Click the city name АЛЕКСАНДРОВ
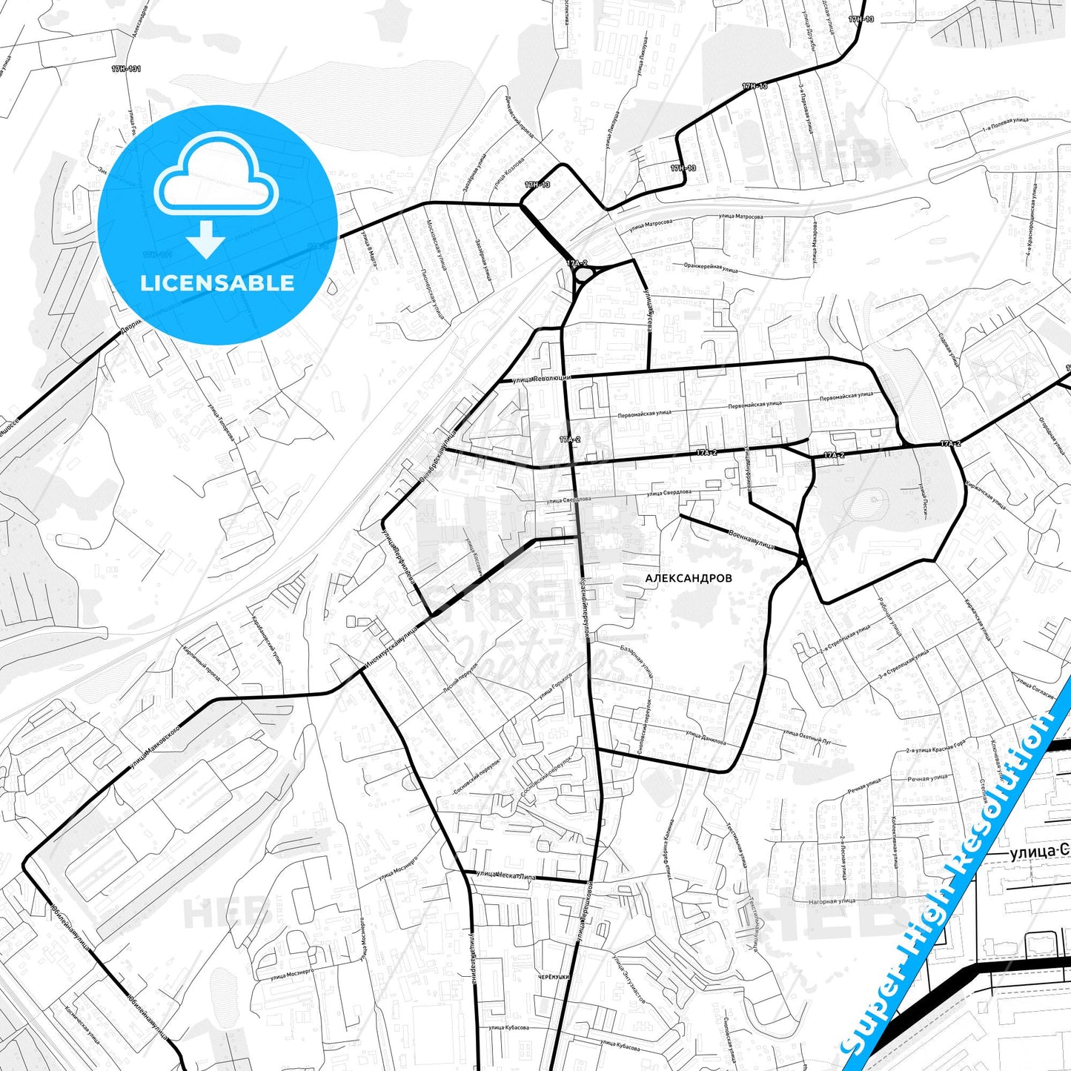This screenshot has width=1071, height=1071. pos(688,578)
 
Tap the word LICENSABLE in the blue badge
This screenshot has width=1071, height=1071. pos(217,283)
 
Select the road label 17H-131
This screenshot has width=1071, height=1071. pos(126,69)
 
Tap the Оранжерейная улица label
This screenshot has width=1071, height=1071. pos(711,267)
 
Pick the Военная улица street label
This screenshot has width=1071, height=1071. pos(751,539)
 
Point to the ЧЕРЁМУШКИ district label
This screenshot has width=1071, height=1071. pos(554,977)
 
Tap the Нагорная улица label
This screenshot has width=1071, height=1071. pos(832,901)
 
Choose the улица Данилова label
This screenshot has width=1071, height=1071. pos(706,738)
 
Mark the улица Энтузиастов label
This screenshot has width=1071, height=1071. pos(629,978)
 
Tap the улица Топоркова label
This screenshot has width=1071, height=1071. pos(221,422)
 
